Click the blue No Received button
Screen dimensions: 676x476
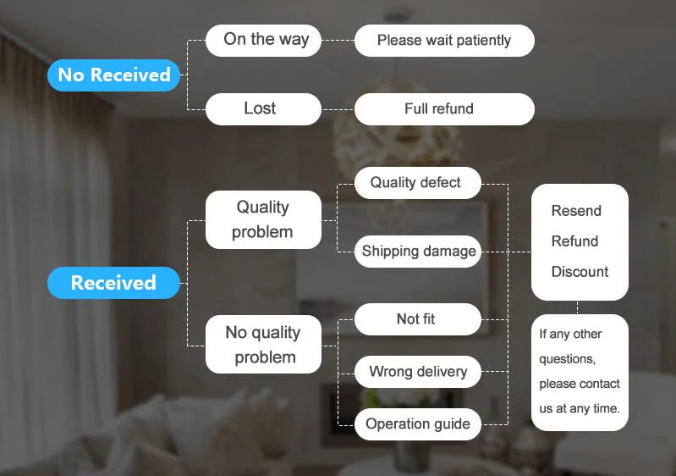113,75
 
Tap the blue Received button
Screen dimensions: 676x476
113,283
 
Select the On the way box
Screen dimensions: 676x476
263,40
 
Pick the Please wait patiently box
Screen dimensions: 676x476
444,40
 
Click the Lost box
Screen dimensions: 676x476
263,109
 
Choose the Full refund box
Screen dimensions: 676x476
444,109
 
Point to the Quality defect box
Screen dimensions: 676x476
417,183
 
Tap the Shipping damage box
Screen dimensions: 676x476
417,252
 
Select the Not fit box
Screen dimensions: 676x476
417,319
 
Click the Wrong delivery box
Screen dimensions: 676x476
417,372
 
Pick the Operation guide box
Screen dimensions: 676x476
417,424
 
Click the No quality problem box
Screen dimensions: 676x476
263,345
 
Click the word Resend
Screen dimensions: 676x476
576,211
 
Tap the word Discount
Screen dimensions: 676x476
580,271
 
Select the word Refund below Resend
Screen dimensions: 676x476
574,241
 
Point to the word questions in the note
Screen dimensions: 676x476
567,359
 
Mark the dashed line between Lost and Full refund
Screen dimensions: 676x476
338,109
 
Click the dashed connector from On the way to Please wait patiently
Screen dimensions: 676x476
338,40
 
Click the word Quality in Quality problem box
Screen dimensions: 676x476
262,208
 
